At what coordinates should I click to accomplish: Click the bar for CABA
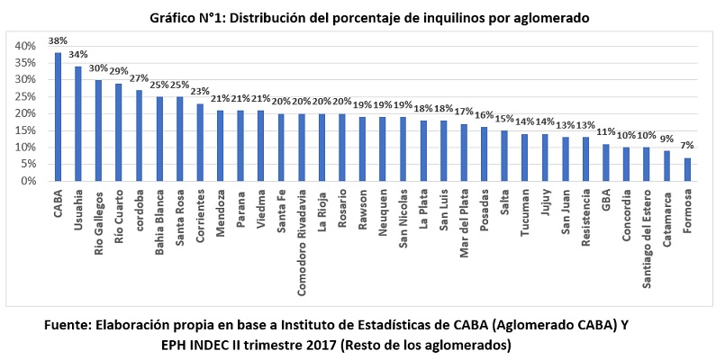(x=58, y=117)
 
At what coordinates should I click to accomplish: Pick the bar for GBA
(x=606, y=163)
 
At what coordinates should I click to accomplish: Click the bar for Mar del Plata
(x=464, y=153)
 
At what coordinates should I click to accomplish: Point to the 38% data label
(x=58, y=40)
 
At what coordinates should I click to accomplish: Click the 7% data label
(x=688, y=146)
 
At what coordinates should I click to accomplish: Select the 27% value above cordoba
(x=139, y=78)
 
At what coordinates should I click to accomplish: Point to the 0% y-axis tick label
(x=27, y=181)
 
